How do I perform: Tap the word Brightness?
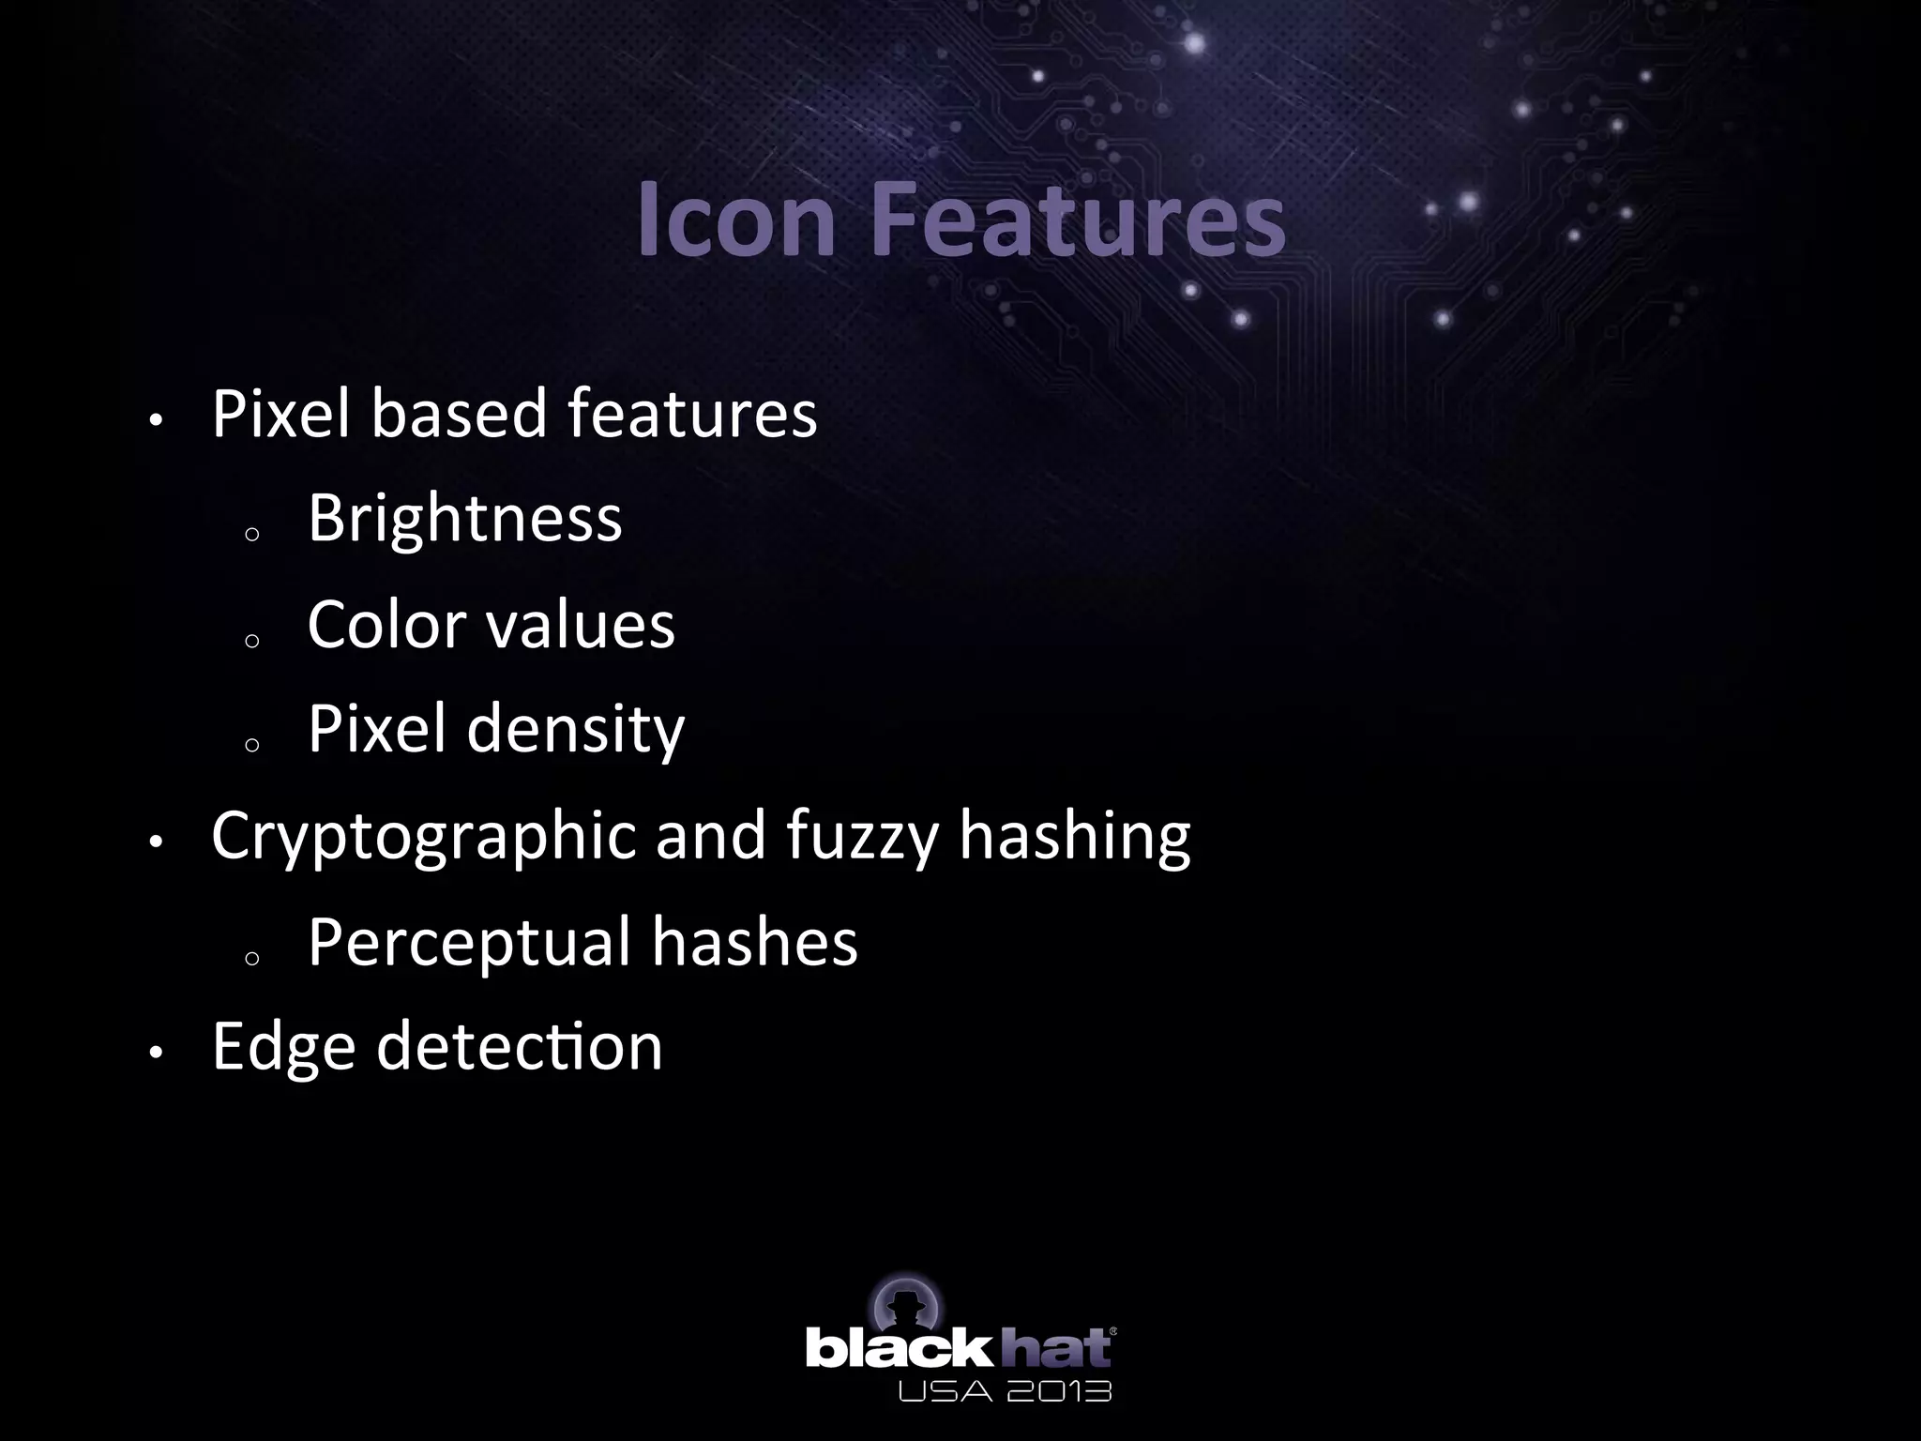464,518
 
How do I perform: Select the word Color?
385,624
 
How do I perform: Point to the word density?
576,730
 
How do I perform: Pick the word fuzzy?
862,837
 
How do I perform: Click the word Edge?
283,1047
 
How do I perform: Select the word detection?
520,1047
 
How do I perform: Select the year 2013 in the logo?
1059,1389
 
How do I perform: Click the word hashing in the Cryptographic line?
1075,837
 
